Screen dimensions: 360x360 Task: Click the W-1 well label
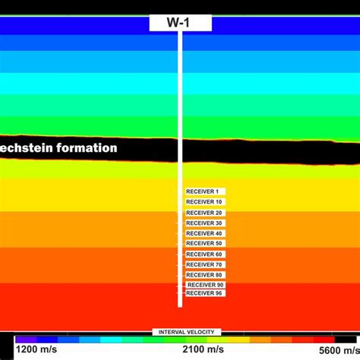pos(180,23)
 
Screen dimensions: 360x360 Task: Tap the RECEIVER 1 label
pos(203,191)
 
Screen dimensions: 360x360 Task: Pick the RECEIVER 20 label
pos(204,213)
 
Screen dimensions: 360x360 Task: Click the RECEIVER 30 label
pos(204,223)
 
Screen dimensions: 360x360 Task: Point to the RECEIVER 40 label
pos(204,233)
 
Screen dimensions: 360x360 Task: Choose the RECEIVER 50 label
pos(204,243)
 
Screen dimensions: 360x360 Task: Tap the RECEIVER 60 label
pos(204,254)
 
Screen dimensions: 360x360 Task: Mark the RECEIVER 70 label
pos(204,264)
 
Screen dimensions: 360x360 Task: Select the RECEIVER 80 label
pos(204,274)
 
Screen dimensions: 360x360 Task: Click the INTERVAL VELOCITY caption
pos(186,332)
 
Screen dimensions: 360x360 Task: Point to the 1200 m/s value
pos(36,349)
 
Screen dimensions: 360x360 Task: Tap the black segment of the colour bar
pos(346,339)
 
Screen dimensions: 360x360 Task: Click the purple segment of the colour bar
pos(25,339)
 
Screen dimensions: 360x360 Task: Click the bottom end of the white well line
pos(180,305)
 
